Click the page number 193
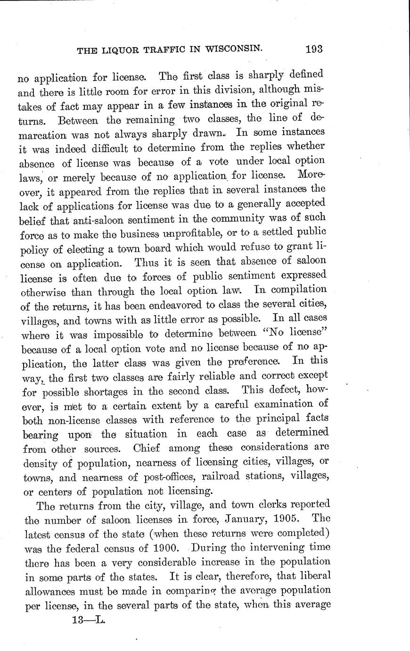tap(313, 49)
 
